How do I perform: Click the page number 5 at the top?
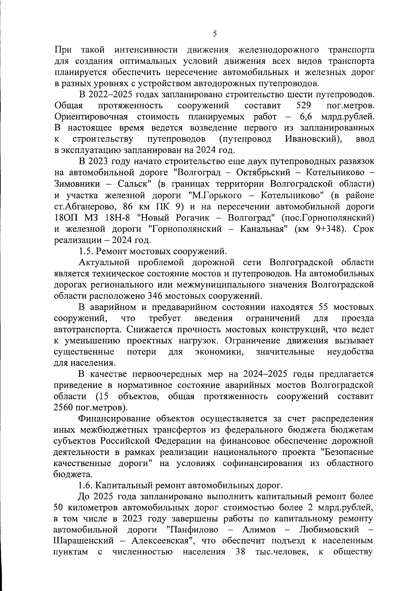[215, 34]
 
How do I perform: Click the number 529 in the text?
[304, 105]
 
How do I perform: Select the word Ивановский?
[314, 139]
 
